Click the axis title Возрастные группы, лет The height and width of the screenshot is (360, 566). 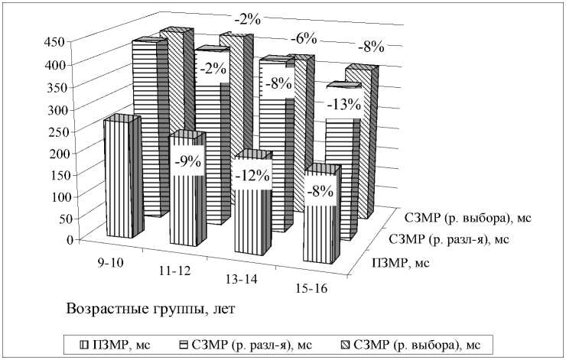150,310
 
